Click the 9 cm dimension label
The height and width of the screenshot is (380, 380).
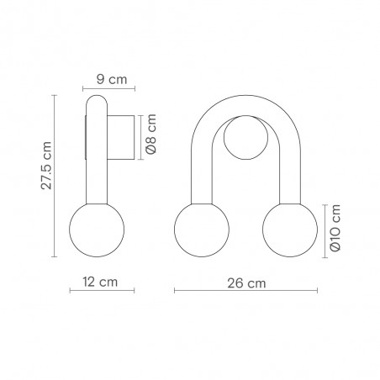(112, 79)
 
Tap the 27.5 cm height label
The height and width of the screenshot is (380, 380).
(46, 166)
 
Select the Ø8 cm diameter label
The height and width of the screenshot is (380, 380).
(151, 134)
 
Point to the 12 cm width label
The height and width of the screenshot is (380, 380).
(100, 282)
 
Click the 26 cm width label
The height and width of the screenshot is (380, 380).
(246, 283)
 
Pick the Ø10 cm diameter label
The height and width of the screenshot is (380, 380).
(335, 228)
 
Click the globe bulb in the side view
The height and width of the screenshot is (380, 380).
(97, 230)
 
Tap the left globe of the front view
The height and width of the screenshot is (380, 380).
(202, 230)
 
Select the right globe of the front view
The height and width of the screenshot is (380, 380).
(290, 230)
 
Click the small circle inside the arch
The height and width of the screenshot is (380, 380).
(245, 137)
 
